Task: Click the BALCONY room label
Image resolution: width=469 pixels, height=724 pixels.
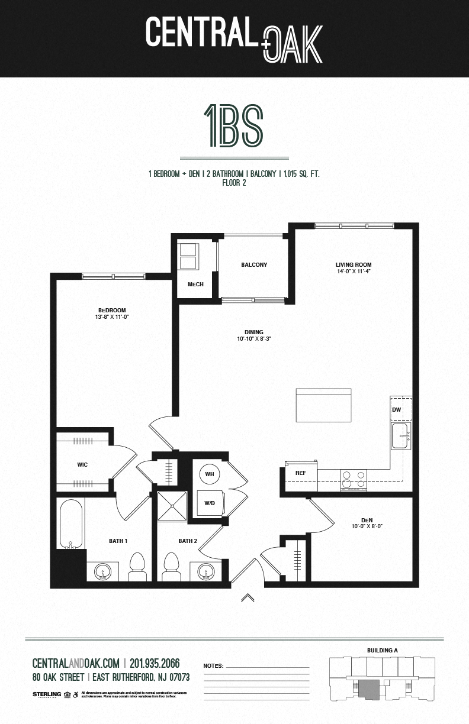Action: (254, 265)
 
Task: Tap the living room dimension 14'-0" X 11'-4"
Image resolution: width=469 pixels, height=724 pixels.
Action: (354, 272)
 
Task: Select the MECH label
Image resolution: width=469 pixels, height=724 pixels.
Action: (195, 285)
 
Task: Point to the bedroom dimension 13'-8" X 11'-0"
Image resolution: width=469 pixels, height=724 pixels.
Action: (112, 317)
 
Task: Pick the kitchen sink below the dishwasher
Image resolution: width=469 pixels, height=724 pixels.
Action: (401, 437)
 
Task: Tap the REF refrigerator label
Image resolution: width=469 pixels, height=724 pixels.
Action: (300, 473)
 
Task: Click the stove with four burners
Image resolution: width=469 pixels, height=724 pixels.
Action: (354, 479)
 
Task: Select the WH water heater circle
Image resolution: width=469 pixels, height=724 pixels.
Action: (210, 474)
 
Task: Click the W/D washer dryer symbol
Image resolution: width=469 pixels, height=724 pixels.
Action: (209, 504)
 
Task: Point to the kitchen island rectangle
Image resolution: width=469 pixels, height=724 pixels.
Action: (324, 405)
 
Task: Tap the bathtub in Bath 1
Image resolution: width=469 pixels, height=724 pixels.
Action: (70, 524)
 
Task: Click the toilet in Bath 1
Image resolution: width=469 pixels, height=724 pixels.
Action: (137, 566)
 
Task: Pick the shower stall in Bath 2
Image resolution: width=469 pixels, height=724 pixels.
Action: (172, 506)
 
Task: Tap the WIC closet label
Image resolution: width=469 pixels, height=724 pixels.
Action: (82, 465)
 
